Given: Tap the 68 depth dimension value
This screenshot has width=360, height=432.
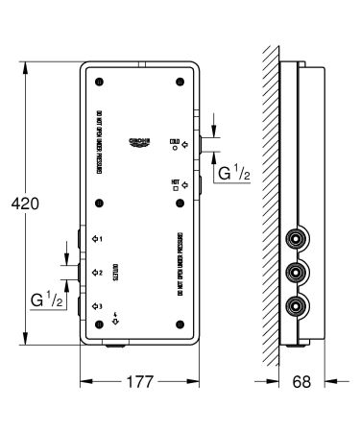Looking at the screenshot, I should point(302,382).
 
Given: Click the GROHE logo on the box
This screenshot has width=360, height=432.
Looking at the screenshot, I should point(139,142).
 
